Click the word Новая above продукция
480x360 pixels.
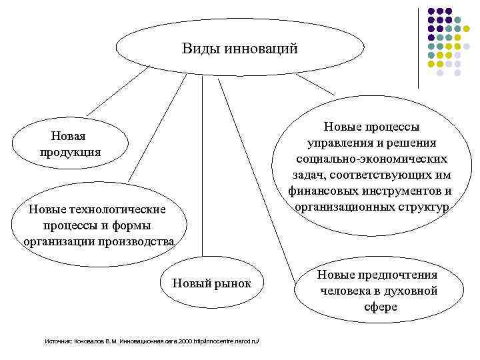point(68,136)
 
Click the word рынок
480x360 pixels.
point(233,283)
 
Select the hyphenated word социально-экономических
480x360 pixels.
point(372,159)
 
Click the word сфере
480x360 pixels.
point(381,307)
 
